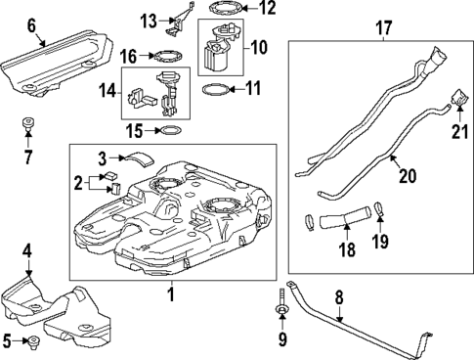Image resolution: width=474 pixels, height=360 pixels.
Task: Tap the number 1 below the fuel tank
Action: [x=169, y=293]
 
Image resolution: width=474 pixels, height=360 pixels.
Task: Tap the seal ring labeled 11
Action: [x=218, y=90]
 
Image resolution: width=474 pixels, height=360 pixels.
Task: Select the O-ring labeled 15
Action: [x=169, y=130]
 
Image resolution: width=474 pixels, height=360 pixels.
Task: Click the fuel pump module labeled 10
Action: [x=217, y=51]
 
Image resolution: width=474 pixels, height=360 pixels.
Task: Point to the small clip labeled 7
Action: [x=27, y=126]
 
